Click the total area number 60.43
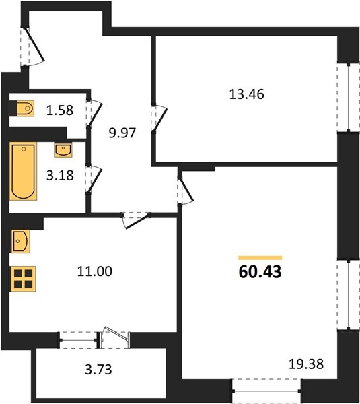(x=260, y=272)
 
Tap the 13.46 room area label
(x=246, y=94)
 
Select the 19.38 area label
(x=306, y=364)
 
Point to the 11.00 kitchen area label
(x=94, y=271)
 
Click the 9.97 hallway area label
(x=122, y=133)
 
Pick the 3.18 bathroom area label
(x=60, y=175)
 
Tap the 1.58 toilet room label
(x=60, y=110)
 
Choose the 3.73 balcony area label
(x=98, y=369)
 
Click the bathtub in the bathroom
(x=23, y=171)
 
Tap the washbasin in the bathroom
(x=63, y=150)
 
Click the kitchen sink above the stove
(x=20, y=241)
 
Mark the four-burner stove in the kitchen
(x=23, y=279)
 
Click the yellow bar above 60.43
(x=260, y=258)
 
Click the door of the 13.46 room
(x=159, y=119)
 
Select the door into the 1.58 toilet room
(x=95, y=113)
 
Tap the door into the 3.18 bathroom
(x=94, y=178)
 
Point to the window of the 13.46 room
(x=349, y=97)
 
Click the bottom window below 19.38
(x=266, y=391)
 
